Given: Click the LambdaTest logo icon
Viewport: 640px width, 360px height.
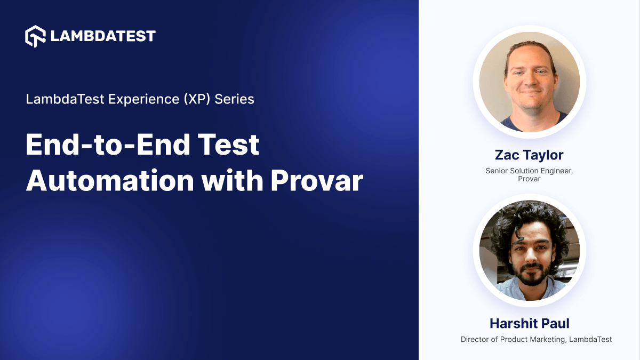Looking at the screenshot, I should (36, 36).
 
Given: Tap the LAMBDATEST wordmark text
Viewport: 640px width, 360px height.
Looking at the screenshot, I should (103, 36).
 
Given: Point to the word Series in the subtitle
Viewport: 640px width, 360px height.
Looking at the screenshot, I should (234, 99).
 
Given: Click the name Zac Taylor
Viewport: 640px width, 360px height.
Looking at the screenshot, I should (529, 155).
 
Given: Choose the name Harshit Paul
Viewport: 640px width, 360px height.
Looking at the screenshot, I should (529, 324).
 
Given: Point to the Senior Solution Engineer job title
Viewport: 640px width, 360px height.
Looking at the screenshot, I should (529, 171).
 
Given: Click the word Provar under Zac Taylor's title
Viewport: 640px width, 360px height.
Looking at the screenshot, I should (529, 179).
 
